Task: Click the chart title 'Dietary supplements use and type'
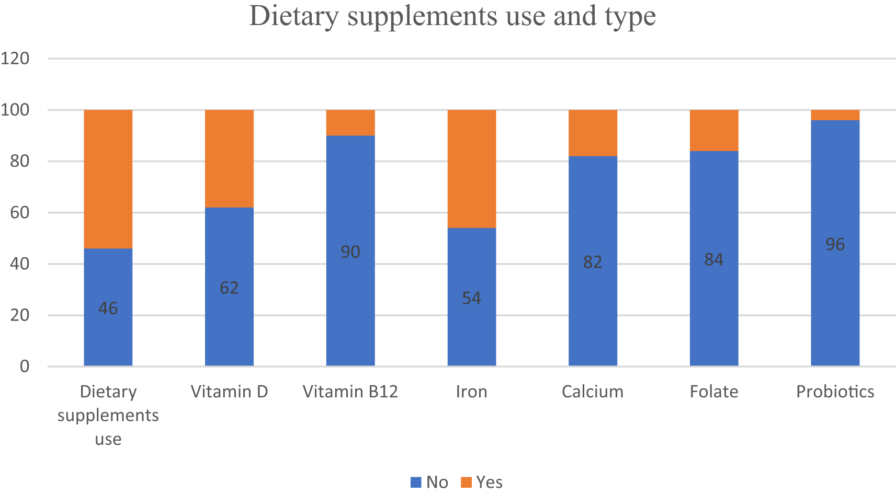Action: click(452, 16)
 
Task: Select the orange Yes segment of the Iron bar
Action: click(471, 169)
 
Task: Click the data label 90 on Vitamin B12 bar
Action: click(350, 252)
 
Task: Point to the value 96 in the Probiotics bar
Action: click(835, 244)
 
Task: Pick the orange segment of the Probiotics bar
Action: click(835, 115)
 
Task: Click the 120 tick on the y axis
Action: click(15, 58)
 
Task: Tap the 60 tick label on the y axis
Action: click(19, 212)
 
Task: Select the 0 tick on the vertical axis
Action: click(25, 366)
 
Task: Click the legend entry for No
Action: click(429, 482)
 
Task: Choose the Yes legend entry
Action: click(482, 482)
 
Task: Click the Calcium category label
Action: click(592, 392)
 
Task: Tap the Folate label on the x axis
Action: click(713, 392)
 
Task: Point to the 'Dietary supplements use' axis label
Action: click(108, 415)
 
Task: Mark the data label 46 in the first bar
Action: click(108, 308)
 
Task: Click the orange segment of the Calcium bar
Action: click(592, 133)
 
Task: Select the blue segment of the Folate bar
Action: click(713, 314)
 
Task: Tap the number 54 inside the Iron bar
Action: click(471, 298)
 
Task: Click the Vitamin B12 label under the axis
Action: click(350, 392)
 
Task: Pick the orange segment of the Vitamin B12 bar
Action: click(350, 123)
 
